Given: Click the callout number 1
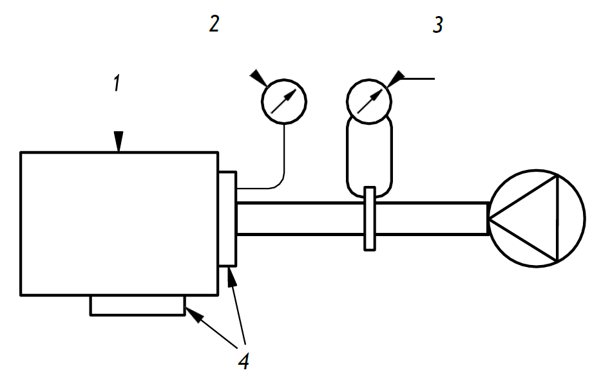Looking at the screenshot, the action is click(x=117, y=83).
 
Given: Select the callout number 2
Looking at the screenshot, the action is click(x=214, y=24).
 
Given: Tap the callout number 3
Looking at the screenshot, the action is click(x=438, y=25).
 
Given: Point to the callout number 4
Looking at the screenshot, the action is click(x=243, y=361).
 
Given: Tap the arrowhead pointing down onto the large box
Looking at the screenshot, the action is click(x=119, y=142).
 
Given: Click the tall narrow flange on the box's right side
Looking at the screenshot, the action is click(x=227, y=219).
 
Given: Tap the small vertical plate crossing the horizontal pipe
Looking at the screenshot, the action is click(x=370, y=219).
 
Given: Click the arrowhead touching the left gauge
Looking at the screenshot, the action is click(x=259, y=78).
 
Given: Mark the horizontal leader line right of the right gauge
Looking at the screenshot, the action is click(x=419, y=79).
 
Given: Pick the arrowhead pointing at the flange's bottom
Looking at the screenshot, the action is click(x=231, y=277).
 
